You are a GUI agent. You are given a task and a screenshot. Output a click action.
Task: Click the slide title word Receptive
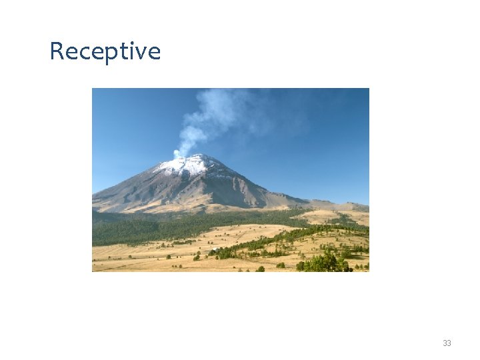(x=105, y=51)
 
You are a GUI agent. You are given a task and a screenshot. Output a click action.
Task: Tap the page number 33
(x=447, y=343)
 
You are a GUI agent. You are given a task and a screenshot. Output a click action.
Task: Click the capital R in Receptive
(x=57, y=51)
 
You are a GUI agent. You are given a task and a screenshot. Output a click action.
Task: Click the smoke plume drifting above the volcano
(x=213, y=113)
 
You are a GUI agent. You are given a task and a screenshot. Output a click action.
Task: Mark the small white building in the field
(x=214, y=249)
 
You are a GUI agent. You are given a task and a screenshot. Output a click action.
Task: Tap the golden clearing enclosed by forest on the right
(x=320, y=217)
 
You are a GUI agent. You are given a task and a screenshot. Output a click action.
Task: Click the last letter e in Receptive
(x=154, y=53)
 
